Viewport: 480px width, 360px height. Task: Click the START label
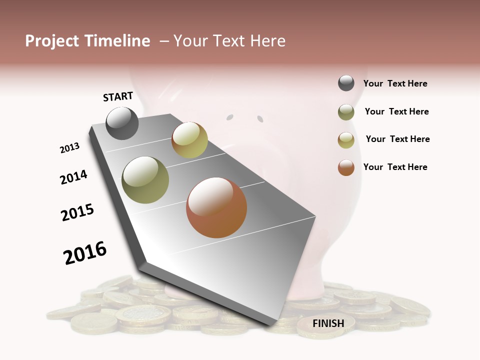click(118, 96)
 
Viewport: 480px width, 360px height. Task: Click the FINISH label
click(328, 323)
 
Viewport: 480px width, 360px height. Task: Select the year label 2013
click(69, 148)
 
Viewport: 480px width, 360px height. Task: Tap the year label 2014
click(73, 177)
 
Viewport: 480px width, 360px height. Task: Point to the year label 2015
click(77, 212)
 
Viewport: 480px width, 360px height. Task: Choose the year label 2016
click(85, 252)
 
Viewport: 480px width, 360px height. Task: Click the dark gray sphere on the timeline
click(122, 123)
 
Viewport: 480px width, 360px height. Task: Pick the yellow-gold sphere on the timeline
click(189, 140)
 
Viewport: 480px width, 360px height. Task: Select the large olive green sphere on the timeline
click(145, 180)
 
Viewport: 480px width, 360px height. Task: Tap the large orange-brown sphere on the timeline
click(216, 207)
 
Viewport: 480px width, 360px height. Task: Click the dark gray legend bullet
click(346, 83)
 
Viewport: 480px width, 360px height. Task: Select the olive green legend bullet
click(346, 112)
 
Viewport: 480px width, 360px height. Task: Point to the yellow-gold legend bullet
click(346, 140)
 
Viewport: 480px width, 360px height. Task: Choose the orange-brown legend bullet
click(346, 167)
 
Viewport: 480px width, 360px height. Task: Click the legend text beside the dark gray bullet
click(395, 83)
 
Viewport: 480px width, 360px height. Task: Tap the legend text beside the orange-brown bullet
click(395, 167)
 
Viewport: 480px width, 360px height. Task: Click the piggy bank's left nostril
click(229, 117)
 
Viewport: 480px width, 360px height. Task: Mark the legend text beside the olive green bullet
click(396, 111)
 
